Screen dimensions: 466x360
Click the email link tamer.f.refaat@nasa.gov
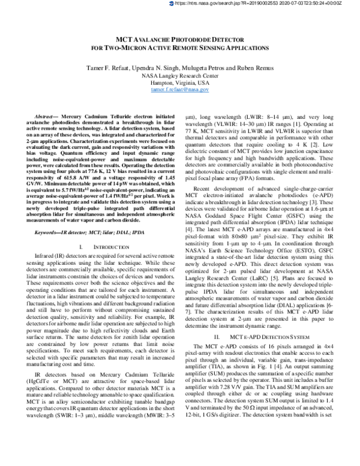click(x=179, y=89)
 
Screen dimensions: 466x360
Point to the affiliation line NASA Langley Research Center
click(x=179, y=76)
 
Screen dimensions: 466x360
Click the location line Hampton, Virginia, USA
click(x=179, y=82)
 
